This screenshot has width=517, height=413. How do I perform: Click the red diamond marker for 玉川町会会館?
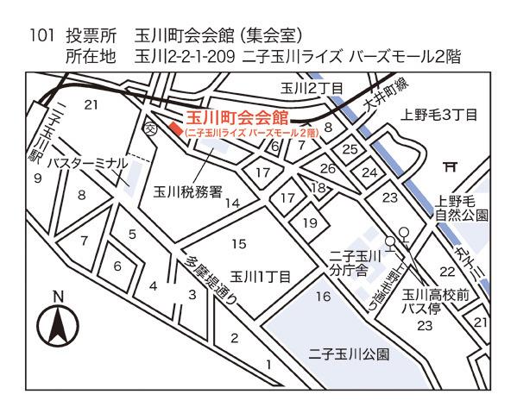point(176,129)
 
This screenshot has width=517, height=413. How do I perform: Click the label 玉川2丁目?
point(312,87)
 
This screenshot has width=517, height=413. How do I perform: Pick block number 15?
point(239,244)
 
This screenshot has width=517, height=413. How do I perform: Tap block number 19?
point(310,222)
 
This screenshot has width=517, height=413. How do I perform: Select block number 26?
point(327,168)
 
